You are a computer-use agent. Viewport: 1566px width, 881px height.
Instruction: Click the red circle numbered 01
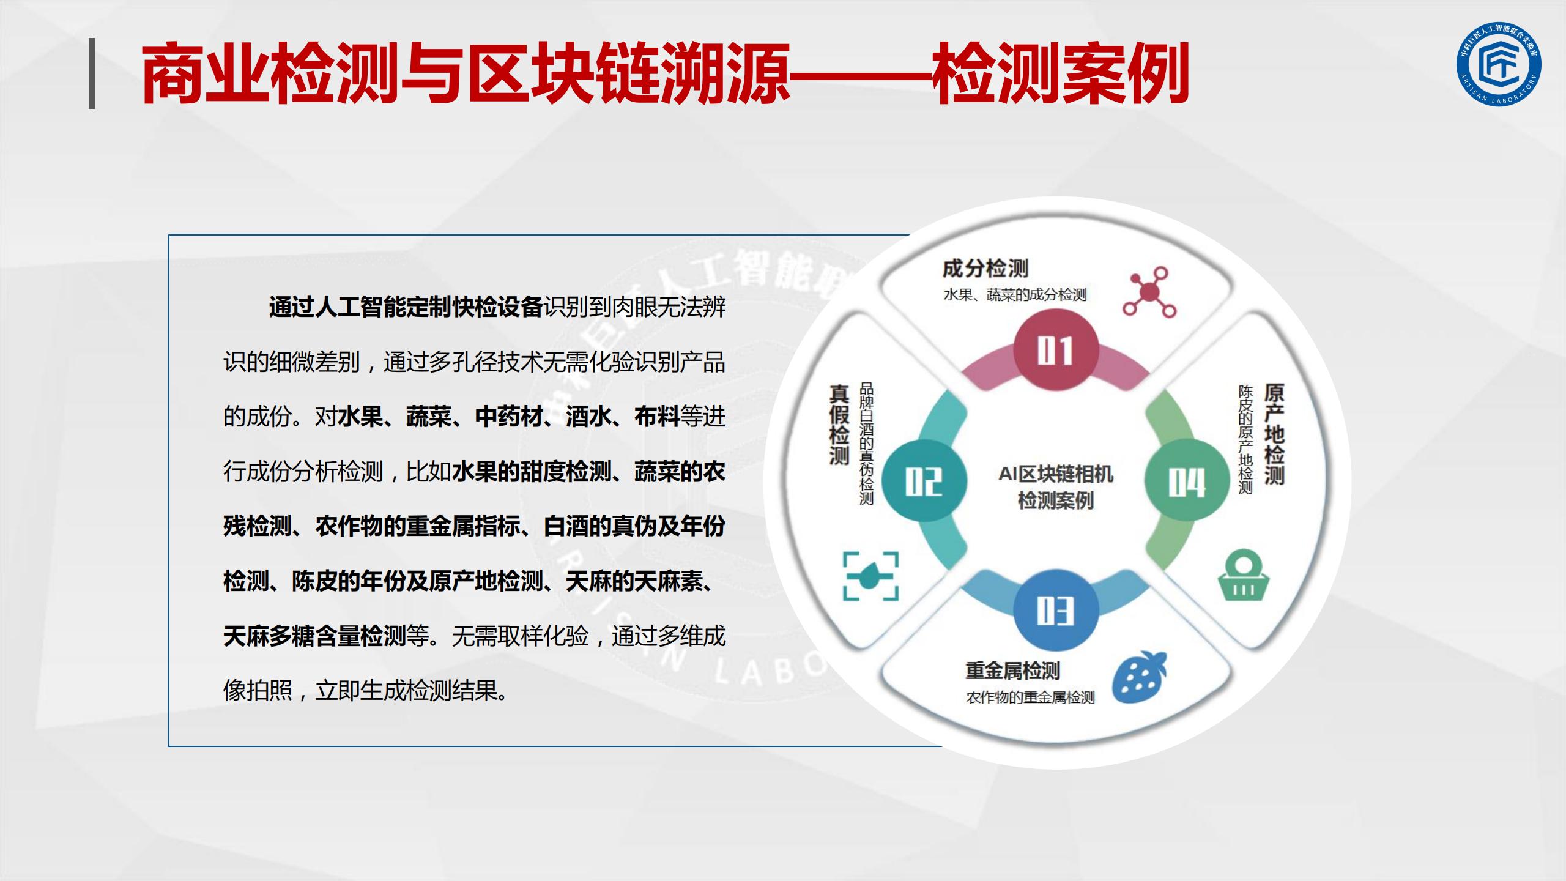tap(1055, 351)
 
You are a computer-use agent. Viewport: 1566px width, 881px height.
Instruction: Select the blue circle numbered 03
tap(1055, 611)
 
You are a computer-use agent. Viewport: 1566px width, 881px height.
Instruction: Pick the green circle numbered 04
tap(1187, 481)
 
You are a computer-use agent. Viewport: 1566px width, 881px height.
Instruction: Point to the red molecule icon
tap(1149, 292)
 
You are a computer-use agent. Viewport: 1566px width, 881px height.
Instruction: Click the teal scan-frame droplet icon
tap(871, 576)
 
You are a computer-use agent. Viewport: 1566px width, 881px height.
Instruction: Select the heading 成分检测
tap(985, 268)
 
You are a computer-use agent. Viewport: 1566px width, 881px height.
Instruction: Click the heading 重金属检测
tap(1013, 671)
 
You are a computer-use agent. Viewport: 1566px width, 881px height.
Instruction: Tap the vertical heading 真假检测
tap(839, 423)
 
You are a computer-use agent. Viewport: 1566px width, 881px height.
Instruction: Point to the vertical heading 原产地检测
tap(1274, 434)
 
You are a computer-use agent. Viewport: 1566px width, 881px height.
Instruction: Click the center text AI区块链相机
tap(1056, 474)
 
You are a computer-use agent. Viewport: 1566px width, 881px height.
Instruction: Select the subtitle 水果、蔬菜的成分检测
tap(1015, 295)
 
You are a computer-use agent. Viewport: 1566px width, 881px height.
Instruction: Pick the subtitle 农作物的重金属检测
tap(1030, 697)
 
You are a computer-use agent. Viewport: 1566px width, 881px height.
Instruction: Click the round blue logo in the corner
tap(1499, 64)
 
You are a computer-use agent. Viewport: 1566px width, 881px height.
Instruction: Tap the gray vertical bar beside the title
tap(92, 73)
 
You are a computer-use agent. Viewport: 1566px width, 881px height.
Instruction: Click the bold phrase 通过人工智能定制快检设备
tap(406, 307)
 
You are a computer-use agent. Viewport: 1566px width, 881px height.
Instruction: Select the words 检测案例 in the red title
tap(1059, 73)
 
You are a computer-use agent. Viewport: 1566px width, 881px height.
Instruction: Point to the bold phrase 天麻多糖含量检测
tap(314, 636)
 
